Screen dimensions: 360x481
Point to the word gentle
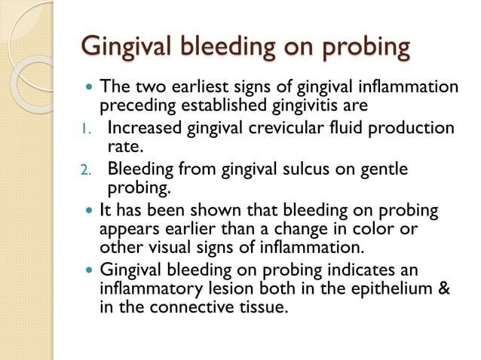pyautogui.click(x=382, y=169)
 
